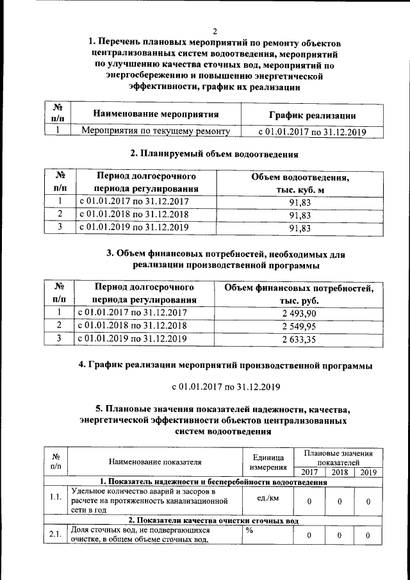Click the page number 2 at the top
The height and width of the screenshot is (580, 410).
[215, 31]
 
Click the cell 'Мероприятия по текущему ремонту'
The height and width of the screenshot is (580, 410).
[156, 132]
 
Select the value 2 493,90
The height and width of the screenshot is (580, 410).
[299, 313]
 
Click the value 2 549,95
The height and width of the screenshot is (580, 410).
[299, 326]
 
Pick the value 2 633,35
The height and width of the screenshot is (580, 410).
[299, 338]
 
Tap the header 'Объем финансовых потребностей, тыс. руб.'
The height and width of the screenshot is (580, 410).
[299, 294]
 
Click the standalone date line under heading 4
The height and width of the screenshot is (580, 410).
[225, 387]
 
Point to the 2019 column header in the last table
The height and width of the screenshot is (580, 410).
[368, 472]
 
